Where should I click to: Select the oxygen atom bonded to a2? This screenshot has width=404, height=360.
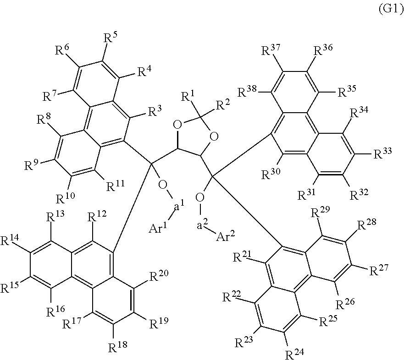tap(200, 198)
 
